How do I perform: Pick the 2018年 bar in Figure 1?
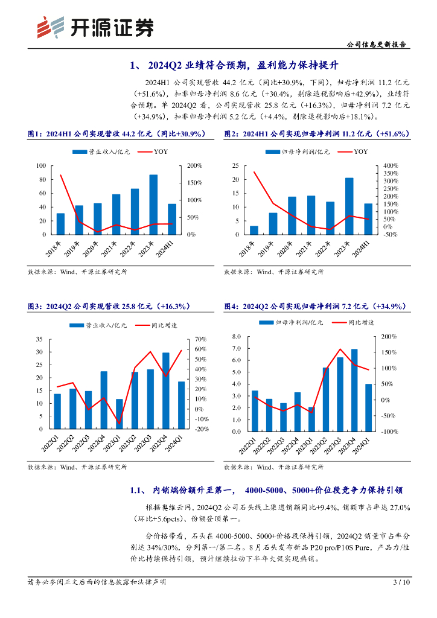[x=60, y=223]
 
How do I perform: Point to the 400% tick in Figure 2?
[x=390, y=165]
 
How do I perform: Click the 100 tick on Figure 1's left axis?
[x=41, y=165]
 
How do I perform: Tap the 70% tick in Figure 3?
[x=201, y=339]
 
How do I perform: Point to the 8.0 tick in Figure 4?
[x=237, y=337]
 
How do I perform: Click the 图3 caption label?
[x=34, y=307]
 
